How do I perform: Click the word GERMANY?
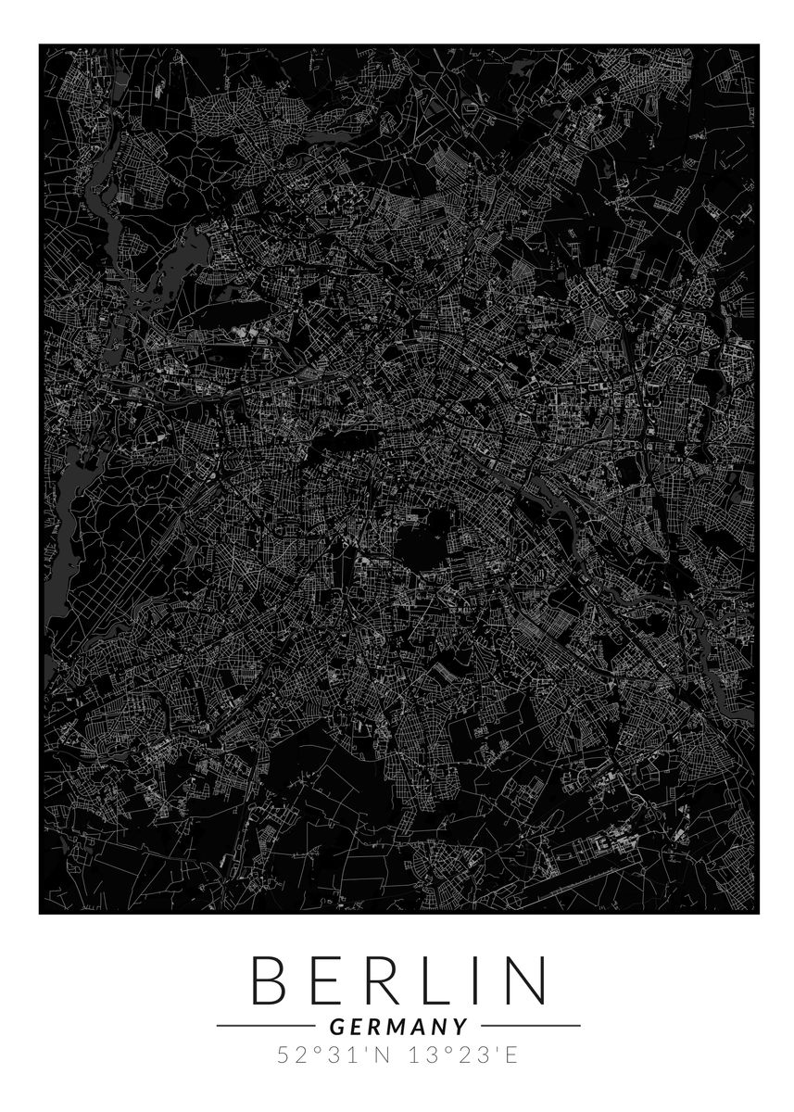point(397,1026)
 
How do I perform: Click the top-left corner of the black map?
point(40,44)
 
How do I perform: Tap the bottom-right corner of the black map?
point(759,913)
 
